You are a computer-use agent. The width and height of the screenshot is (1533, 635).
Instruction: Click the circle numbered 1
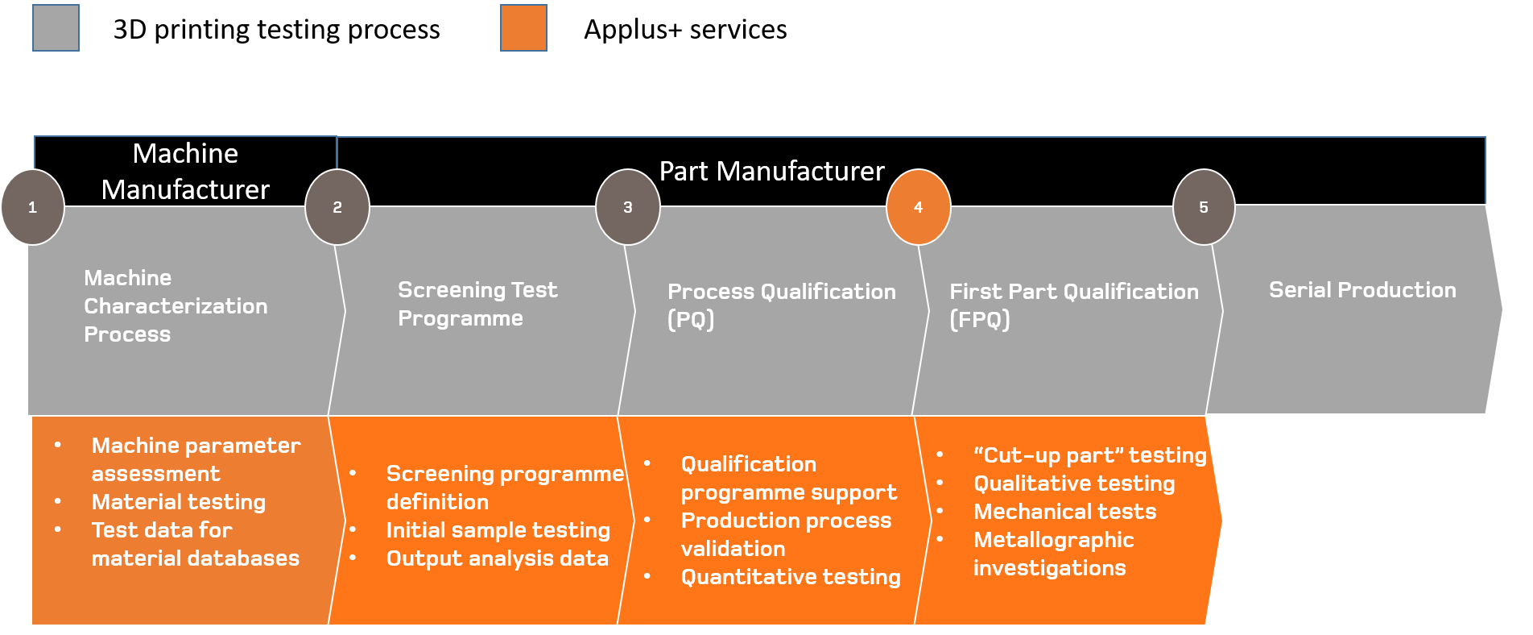point(32,207)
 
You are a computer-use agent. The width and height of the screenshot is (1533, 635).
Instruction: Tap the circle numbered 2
point(337,207)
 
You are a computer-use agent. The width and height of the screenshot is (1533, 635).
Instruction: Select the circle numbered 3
point(628,207)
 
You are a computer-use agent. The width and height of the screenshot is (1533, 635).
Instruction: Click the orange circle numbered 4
point(918,207)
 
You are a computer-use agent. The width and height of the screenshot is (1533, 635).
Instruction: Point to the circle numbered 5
point(1204,207)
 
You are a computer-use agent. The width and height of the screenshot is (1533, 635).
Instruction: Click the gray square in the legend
point(56,28)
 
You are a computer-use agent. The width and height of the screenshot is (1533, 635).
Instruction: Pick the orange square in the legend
point(523,28)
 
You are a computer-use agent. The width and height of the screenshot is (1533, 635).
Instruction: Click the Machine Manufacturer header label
point(185,171)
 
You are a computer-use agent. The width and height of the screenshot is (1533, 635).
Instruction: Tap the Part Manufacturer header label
point(771,171)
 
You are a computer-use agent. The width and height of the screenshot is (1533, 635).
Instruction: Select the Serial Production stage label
point(1362,290)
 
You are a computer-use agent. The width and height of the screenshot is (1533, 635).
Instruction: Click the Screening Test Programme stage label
point(477,304)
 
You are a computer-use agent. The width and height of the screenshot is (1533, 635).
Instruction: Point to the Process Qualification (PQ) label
point(781,305)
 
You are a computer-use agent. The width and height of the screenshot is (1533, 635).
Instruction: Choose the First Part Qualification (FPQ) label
point(1073,305)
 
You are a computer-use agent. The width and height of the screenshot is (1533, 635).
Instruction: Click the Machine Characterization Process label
point(176,306)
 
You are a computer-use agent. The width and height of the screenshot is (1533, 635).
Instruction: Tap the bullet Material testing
point(178,502)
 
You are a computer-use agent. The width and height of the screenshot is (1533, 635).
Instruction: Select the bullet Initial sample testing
point(498,530)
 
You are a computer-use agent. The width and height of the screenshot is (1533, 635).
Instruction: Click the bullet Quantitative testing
point(790,577)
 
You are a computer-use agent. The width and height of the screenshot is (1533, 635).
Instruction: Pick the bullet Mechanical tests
point(1064,512)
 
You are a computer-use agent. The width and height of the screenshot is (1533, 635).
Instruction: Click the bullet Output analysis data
point(497,558)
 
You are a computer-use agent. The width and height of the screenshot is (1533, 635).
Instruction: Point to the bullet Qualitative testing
point(1074,484)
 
